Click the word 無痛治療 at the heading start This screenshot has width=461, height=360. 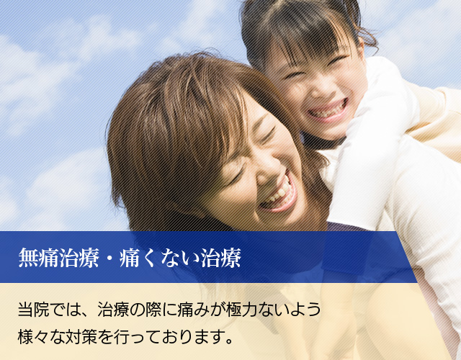(58, 258)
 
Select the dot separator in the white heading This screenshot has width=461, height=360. (109, 258)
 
